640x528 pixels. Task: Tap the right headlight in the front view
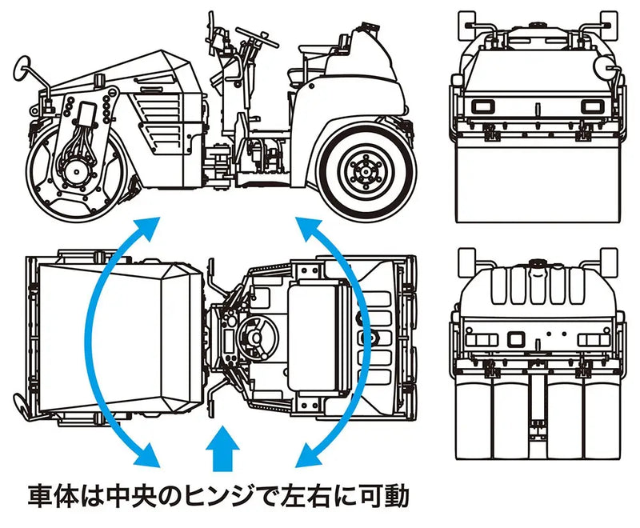click(x=590, y=107)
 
